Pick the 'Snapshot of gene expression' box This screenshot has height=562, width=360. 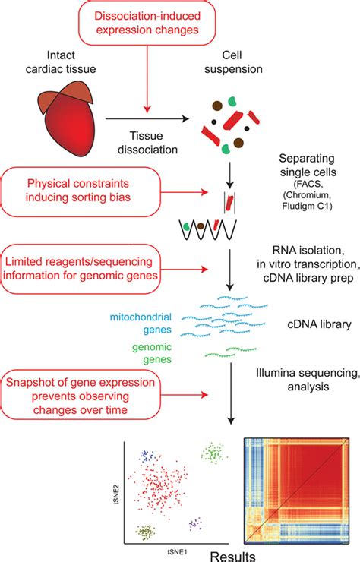(x=93, y=394)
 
